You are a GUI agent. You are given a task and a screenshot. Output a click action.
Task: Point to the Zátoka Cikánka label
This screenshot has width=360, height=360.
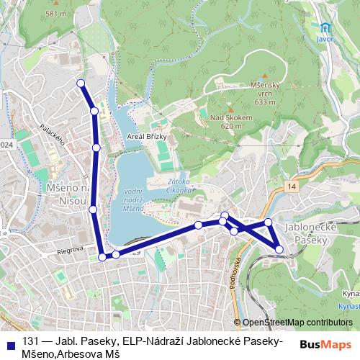pos(179,186)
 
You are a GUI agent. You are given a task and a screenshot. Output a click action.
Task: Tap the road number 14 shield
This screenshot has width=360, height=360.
pos(290,186)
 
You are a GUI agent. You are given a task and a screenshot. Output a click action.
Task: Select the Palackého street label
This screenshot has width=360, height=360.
pos(53,133)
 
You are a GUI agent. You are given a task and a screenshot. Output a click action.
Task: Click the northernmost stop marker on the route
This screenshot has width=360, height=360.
pos(81,84)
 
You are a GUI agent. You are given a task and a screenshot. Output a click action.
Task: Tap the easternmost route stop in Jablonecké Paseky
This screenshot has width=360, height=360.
pos(279,249)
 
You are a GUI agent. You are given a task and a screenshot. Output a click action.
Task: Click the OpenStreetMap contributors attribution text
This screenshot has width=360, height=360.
pos(297,323)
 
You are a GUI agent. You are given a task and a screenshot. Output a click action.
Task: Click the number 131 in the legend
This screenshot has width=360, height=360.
pos(30,341)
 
